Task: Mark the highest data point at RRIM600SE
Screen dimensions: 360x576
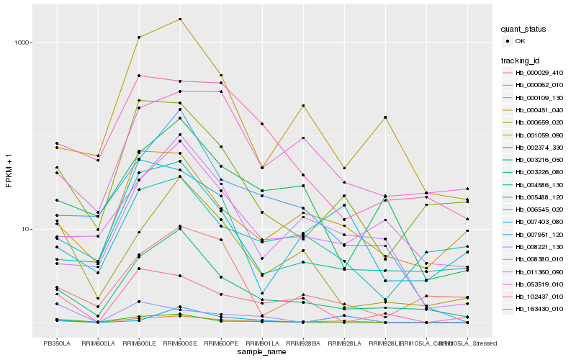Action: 180,19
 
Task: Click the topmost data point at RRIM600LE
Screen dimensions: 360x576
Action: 139,37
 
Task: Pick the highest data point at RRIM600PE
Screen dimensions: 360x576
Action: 221,75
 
